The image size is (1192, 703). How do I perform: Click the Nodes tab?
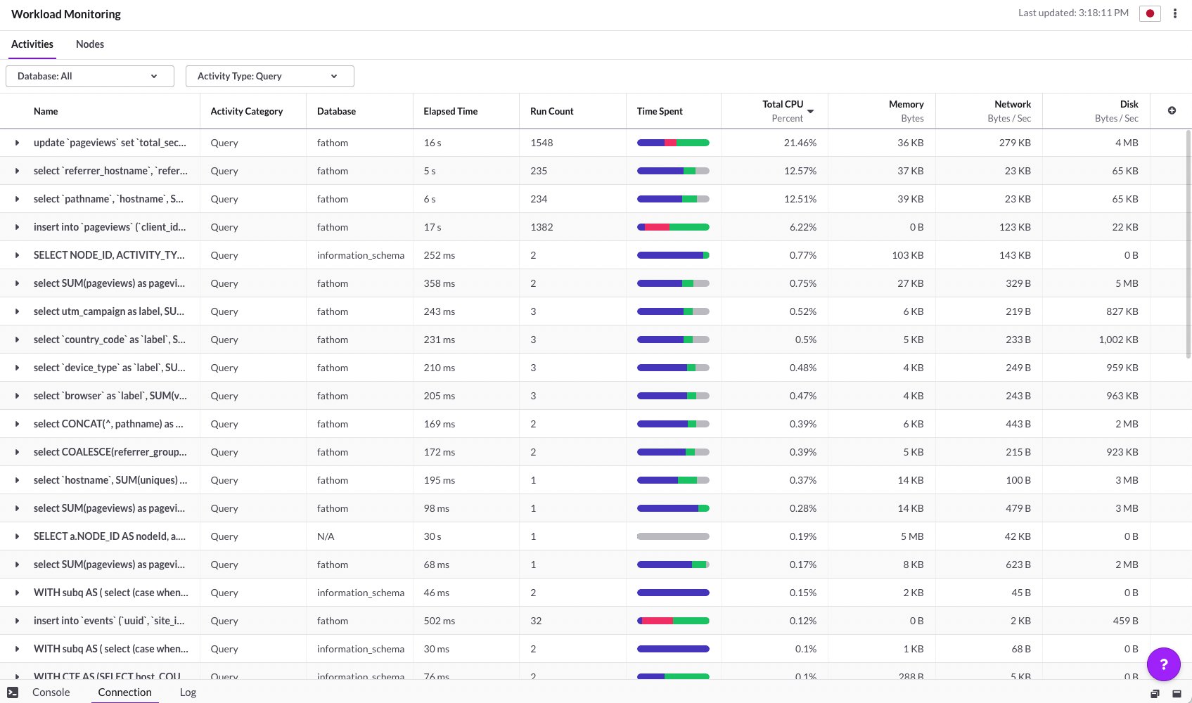[89, 44]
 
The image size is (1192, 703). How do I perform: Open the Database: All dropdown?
[90, 76]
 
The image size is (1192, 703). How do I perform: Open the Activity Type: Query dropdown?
[270, 76]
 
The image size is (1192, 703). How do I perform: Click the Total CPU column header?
[782, 104]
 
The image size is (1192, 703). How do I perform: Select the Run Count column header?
[551, 111]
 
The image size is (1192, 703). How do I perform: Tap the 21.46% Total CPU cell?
[800, 143]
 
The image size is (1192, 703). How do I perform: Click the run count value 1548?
[541, 143]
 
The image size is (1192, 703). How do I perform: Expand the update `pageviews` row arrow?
[17, 143]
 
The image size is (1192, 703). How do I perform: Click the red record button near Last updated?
[1149, 13]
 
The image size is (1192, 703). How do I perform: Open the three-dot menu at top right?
[1174, 13]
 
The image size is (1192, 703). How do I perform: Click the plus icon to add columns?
[1171, 110]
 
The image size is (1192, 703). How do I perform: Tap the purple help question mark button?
[1163, 664]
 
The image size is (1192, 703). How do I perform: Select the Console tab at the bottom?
[51, 692]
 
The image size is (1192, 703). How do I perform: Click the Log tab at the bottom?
[188, 692]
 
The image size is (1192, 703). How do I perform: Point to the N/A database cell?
[326, 536]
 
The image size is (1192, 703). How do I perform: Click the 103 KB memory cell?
[907, 254]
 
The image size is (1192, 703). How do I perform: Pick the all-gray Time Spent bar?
[672, 536]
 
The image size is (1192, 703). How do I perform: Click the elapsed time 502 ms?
[439, 621]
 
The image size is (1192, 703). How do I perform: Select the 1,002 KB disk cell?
[1118, 340]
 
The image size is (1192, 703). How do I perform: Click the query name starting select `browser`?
[108, 396]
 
